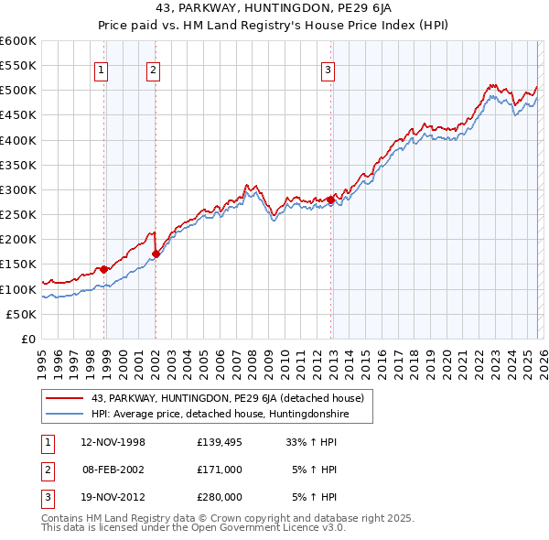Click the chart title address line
click(x=274, y=9)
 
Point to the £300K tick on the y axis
click(x=18, y=189)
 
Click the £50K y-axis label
click(x=22, y=314)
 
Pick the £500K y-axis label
click(x=18, y=91)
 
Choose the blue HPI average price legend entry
click(x=220, y=415)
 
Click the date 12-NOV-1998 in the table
click(x=113, y=442)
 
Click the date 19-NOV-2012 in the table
click(x=113, y=497)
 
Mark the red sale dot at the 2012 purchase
click(x=330, y=200)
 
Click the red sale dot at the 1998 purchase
click(x=104, y=269)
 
